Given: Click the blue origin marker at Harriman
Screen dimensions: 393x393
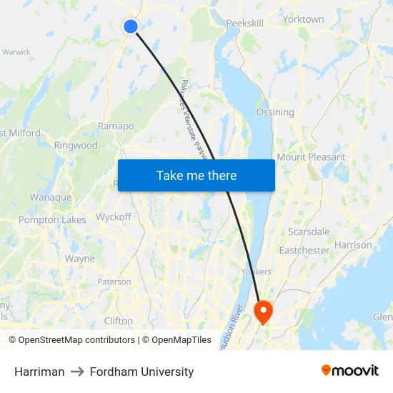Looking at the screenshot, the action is point(130,26).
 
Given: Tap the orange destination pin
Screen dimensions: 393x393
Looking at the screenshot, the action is point(263,310).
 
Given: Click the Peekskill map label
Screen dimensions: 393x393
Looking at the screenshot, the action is point(245,24).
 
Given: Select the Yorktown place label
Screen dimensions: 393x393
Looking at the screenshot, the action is point(303,19).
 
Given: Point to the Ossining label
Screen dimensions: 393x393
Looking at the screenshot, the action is point(275,112).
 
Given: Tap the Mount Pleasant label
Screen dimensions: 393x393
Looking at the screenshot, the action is point(311,157).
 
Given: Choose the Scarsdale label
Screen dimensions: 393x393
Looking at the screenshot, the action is point(309,232).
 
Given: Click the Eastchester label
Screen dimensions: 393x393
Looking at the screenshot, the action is point(304,251).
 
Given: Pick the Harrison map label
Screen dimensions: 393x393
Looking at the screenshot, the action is point(353,245).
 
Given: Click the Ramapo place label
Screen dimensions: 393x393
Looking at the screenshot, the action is point(116,126).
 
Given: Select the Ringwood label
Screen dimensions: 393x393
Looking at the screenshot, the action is point(76,145).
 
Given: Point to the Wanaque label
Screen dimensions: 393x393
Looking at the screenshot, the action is point(50,197).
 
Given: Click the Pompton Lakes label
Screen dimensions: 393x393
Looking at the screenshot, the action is point(52,220).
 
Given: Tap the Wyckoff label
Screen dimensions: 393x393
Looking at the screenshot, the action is point(114,217).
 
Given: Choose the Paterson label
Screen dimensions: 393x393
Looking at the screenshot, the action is point(114,282).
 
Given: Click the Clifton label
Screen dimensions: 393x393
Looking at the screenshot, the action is point(119,321).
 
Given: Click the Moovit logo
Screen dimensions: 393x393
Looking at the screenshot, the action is point(350,371).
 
